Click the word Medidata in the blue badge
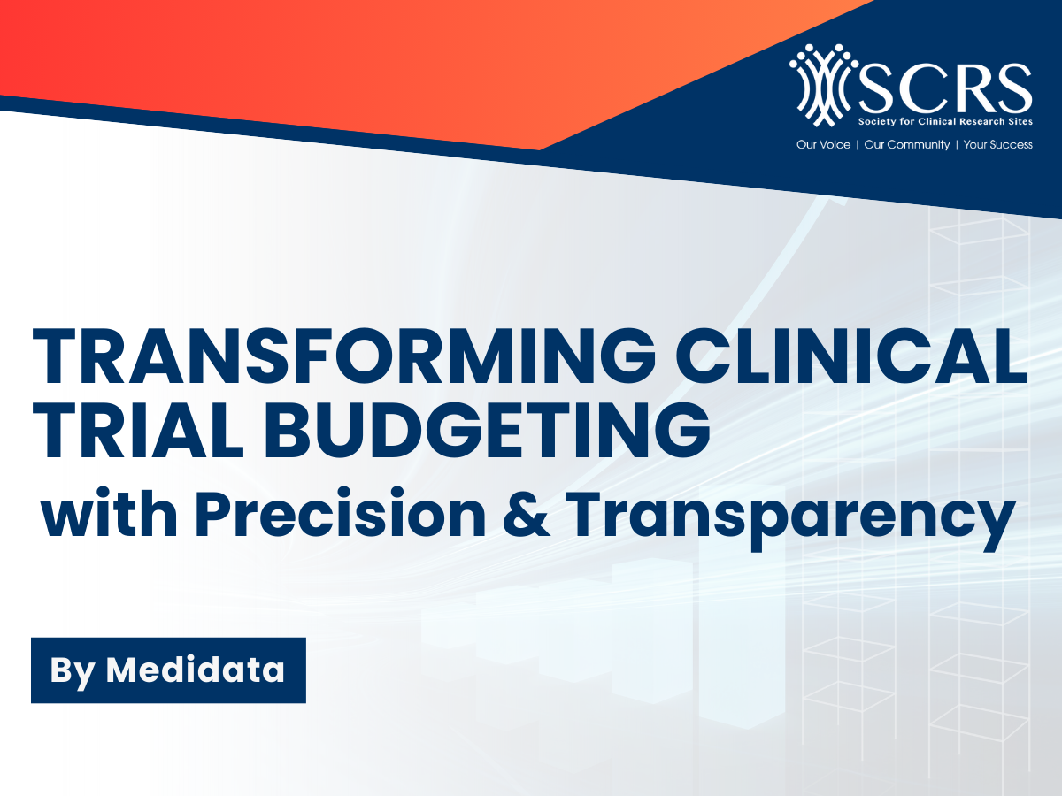[x=196, y=670]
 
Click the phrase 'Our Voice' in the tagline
[x=822, y=144]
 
